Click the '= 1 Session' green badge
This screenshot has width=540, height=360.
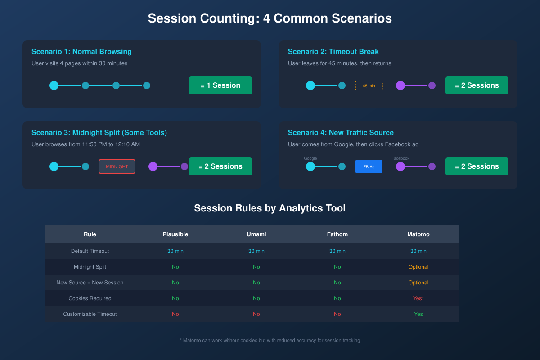click(220, 85)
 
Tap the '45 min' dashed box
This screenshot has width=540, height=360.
click(369, 85)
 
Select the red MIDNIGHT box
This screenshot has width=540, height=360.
click(117, 166)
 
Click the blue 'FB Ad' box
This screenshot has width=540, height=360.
click(369, 166)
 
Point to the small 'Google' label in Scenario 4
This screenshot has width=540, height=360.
click(310, 158)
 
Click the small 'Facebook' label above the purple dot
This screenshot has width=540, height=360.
click(400, 158)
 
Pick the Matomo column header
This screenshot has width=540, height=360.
click(418, 234)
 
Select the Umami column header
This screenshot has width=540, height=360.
click(256, 234)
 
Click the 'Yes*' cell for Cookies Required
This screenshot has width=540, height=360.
click(418, 298)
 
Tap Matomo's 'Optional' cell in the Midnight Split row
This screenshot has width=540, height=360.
click(418, 267)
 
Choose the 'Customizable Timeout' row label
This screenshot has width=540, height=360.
click(90, 314)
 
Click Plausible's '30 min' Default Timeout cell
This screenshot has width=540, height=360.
click(175, 251)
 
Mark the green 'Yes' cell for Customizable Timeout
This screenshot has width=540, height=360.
click(418, 314)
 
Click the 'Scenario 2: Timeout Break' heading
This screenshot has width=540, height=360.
click(333, 52)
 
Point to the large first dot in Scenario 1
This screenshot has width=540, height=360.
click(54, 85)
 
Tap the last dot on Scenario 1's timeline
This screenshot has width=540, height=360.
click(147, 85)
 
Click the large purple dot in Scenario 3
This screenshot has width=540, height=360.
click(153, 166)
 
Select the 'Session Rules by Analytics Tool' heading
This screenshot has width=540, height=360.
click(270, 208)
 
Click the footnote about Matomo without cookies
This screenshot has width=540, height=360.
click(270, 340)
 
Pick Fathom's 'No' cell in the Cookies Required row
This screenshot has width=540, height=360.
click(337, 298)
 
